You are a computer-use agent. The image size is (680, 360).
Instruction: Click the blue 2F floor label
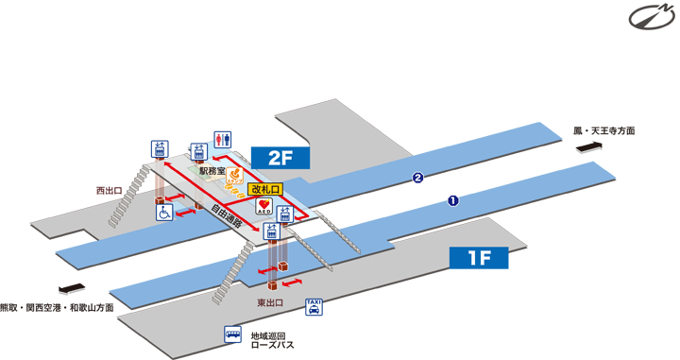tap(280, 158)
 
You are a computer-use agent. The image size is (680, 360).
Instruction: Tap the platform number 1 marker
tap(453, 200)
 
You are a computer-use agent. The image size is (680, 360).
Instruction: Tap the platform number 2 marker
tap(416, 178)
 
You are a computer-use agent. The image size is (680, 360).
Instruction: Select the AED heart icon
tap(263, 206)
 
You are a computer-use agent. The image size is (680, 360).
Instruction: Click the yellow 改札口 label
tap(266, 188)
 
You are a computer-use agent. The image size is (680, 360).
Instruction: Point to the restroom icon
tap(223, 138)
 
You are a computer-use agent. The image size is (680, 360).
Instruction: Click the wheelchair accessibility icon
tap(163, 214)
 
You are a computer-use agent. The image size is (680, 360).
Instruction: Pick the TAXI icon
tap(314, 306)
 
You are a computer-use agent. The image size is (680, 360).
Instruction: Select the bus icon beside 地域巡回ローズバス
tap(231, 335)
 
